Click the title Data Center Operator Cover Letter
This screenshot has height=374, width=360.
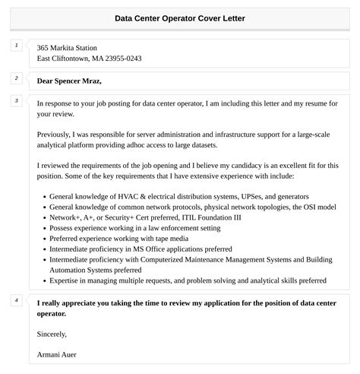click(180, 17)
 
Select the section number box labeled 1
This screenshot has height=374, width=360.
click(17, 46)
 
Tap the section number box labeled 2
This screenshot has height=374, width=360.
click(17, 78)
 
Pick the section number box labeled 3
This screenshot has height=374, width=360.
click(17, 100)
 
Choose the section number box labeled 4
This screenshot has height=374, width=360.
click(17, 300)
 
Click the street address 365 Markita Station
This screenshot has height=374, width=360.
click(67, 47)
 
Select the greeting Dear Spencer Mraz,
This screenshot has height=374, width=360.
click(69, 81)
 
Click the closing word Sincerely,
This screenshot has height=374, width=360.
click(52, 333)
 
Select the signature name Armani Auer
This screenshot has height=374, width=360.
click(57, 354)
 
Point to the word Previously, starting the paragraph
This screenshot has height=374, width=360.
click(57, 133)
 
